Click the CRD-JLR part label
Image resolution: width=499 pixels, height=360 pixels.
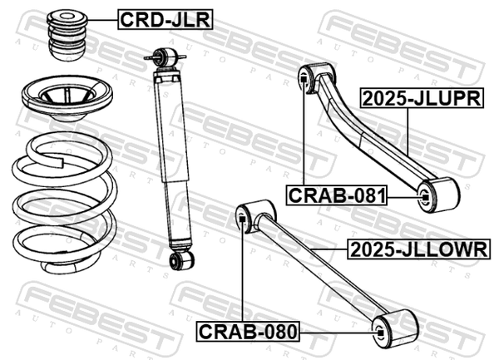(x=165, y=19)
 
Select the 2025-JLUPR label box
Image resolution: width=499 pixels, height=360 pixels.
(x=422, y=98)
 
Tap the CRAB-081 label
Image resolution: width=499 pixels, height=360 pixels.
(x=337, y=195)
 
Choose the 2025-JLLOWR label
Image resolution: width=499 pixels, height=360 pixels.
(x=418, y=249)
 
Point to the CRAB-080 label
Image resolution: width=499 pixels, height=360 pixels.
(x=248, y=332)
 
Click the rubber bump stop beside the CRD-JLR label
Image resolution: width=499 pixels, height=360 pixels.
(x=67, y=35)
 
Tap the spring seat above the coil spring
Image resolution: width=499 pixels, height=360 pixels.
(x=67, y=98)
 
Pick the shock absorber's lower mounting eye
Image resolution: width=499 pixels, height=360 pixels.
(x=181, y=260)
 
